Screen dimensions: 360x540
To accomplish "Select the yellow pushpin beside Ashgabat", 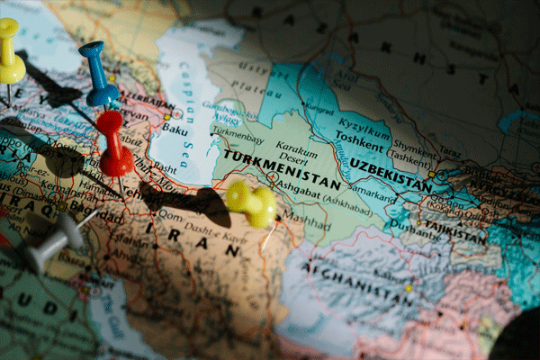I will click(x=251, y=202).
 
